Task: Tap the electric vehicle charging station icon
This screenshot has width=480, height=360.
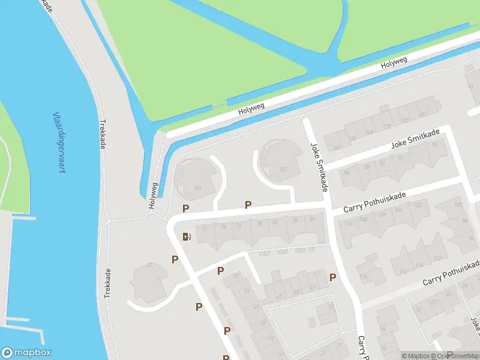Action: click(x=186, y=236)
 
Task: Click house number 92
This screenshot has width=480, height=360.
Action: click(x=401, y=158)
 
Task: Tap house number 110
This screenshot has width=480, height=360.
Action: click(x=348, y=224)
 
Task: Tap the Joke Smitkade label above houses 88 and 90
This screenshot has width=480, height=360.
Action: click(x=415, y=139)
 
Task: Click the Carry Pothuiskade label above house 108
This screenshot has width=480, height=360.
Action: click(x=374, y=203)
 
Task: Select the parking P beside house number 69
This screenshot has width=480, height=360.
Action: click(x=332, y=277)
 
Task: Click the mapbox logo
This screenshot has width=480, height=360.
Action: click(x=26, y=353)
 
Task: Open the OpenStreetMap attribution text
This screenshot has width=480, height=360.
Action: click(x=455, y=356)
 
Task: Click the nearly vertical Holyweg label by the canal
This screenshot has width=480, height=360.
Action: click(x=154, y=195)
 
